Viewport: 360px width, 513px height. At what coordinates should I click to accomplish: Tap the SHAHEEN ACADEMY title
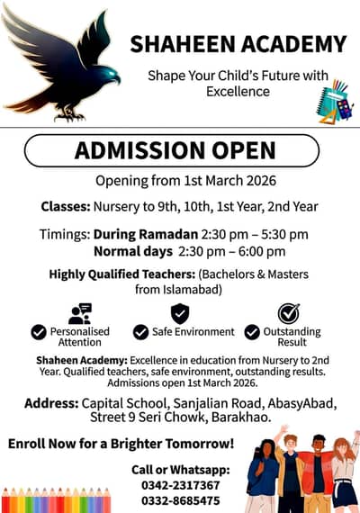click(x=238, y=44)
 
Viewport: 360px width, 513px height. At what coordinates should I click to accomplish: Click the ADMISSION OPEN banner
click(x=172, y=150)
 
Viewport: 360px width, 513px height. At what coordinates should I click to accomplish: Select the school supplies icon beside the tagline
click(x=334, y=101)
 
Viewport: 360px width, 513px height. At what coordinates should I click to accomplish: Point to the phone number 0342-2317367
click(x=181, y=485)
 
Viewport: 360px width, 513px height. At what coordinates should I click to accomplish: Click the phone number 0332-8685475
click(x=181, y=499)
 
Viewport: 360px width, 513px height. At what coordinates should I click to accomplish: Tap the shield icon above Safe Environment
click(x=180, y=313)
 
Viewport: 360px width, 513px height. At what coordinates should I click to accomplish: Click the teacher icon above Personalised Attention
click(x=80, y=313)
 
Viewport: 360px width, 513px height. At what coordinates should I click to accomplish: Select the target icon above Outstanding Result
click(x=288, y=313)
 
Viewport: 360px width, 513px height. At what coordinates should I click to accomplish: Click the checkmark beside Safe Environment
click(x=140, y=332)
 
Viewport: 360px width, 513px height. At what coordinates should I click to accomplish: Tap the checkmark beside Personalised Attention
click(x=39, y=332)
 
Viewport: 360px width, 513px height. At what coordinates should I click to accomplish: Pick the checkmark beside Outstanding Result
click(x=252, y=332)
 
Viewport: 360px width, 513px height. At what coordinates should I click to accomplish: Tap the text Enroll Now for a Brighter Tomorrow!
click(x=121, y=444)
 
